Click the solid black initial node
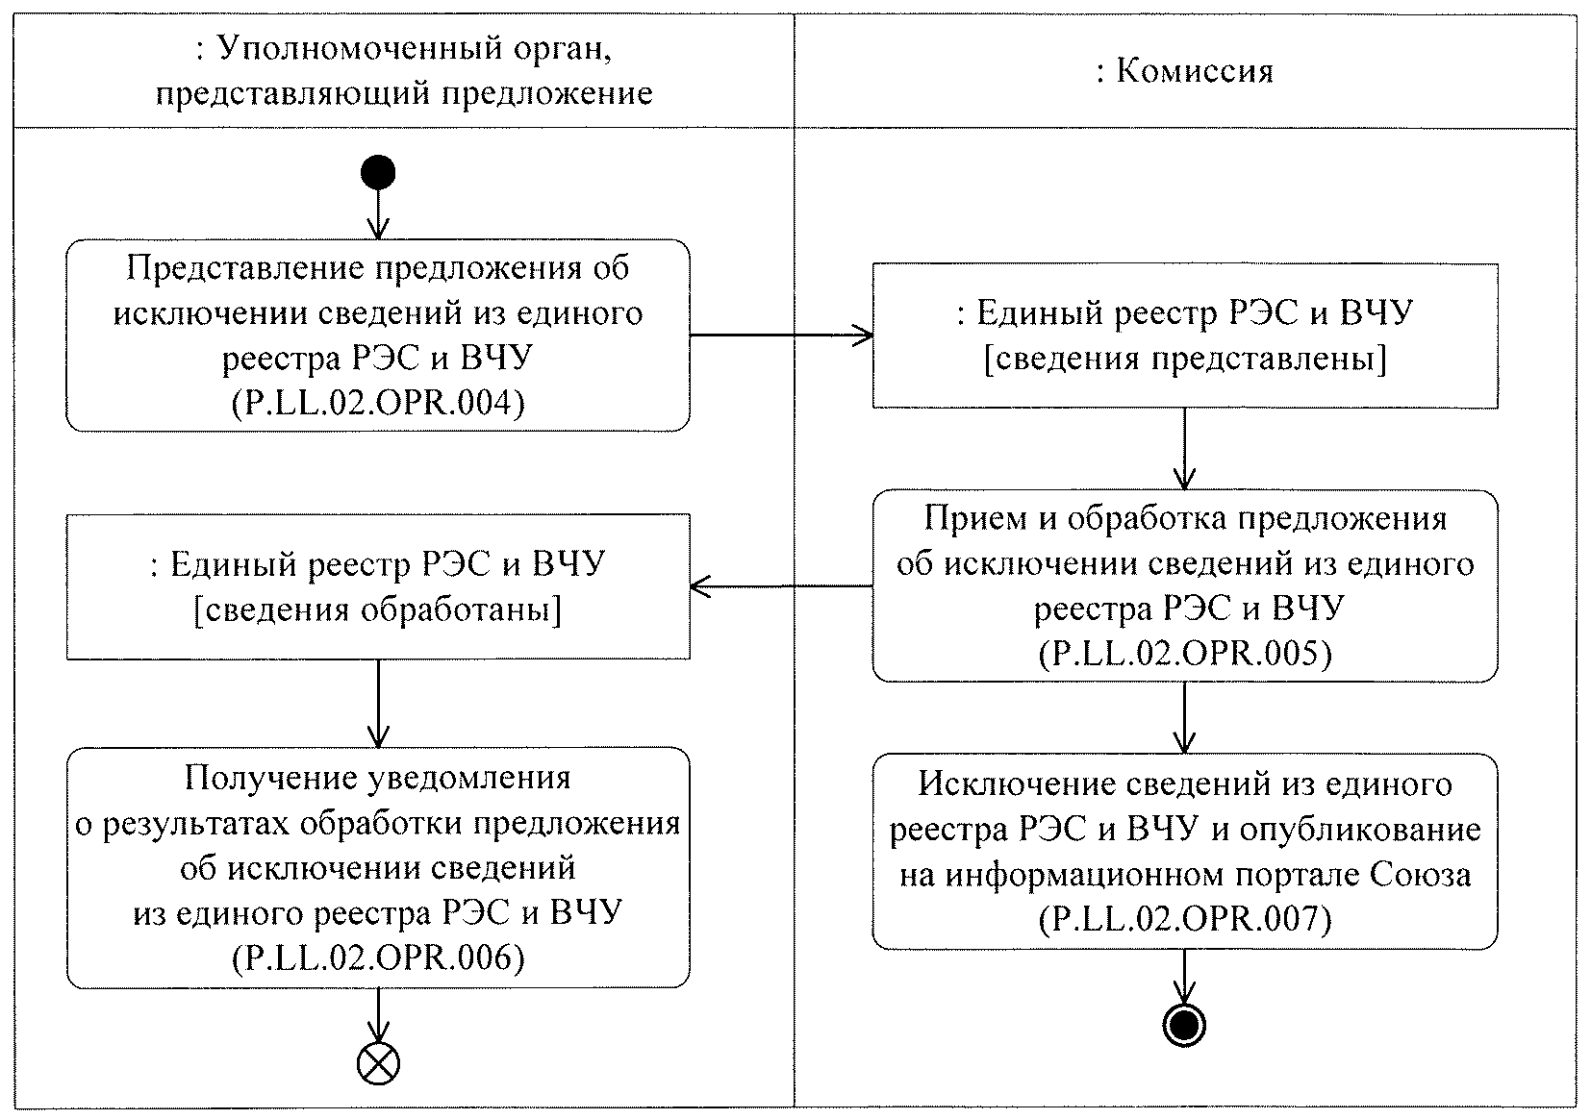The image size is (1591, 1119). click(x=378, y=173)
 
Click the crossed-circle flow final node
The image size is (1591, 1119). click(x=378, y=1062)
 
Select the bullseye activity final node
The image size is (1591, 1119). click(x=1183, y=1026)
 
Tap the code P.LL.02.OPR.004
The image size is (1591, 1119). click(x=378, y=403)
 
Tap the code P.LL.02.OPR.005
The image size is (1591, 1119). click(x=1185, y=654)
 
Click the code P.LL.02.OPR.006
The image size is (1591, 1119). click(x=378, y=958)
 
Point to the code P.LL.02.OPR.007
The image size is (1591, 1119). click(x=1185, y=920)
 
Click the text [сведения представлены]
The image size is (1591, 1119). click(x=1185, y=359)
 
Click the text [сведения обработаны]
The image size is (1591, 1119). click(x=378, y=609)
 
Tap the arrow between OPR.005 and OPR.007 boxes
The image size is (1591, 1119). click(x=1184, y=717)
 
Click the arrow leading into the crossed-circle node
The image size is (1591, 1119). click(x=378, y=1014)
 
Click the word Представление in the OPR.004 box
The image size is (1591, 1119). click(x=245, y=267)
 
